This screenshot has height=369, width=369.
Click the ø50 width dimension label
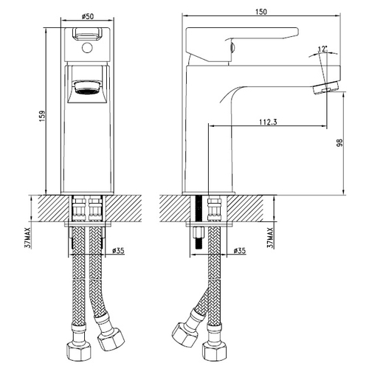(87, 16)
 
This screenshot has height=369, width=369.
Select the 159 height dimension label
(42, 117)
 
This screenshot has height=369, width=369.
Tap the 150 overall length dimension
(261, 12)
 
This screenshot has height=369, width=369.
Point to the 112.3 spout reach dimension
(268, 122)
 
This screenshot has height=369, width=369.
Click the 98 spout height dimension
(339, 142)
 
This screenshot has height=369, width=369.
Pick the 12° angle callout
(323, 49)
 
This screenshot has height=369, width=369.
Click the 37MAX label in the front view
(28, 238)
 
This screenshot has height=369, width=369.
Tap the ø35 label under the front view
(118, 251)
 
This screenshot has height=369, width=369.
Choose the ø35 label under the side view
(239, 251)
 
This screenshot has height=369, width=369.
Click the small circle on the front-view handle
(87, 48)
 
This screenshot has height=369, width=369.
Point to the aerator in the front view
(87, 88)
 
